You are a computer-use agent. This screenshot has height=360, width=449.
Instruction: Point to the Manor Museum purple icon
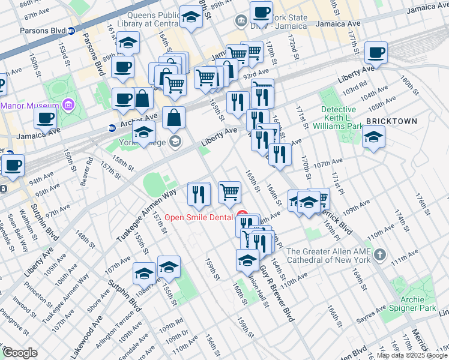68,106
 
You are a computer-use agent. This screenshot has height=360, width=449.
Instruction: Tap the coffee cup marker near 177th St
376,52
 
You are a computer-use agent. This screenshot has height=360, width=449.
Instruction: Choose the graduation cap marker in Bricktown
373,139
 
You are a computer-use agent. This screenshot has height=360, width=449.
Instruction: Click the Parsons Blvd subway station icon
71,30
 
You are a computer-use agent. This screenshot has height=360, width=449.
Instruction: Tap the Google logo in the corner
19,353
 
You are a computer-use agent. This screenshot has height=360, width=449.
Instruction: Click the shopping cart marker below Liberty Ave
229,192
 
